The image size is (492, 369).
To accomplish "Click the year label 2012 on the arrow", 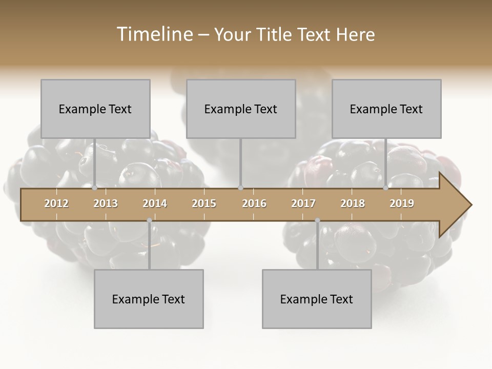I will click(56, 203).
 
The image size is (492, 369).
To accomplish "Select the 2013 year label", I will click(106, 203).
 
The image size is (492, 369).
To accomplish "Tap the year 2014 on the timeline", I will click(155, 203).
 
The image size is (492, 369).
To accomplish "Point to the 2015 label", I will click(204, 203).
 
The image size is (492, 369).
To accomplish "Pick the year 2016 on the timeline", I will click(254, 203).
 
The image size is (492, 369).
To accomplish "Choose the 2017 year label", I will click(303, 203).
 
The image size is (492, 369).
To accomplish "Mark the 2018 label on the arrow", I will click(353, 203).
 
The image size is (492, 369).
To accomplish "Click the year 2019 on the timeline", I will click(402, 203).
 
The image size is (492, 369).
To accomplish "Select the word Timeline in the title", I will click(154, 34).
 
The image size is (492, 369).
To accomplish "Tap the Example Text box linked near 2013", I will click(95, 109).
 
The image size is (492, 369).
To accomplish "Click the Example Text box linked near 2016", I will click(241, 109).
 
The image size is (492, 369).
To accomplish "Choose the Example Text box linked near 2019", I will click(386, 109).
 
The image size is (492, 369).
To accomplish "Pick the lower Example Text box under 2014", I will click(149, 299).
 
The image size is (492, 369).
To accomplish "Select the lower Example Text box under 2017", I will click(317, 299).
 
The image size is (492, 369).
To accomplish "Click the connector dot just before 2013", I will click(94, 188).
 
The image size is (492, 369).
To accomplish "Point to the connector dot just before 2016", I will click(241, 188).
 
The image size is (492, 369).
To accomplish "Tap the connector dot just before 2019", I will click(386, 188).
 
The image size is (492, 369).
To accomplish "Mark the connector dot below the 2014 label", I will click(149, 220).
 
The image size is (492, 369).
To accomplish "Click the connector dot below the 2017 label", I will click(317, 220).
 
